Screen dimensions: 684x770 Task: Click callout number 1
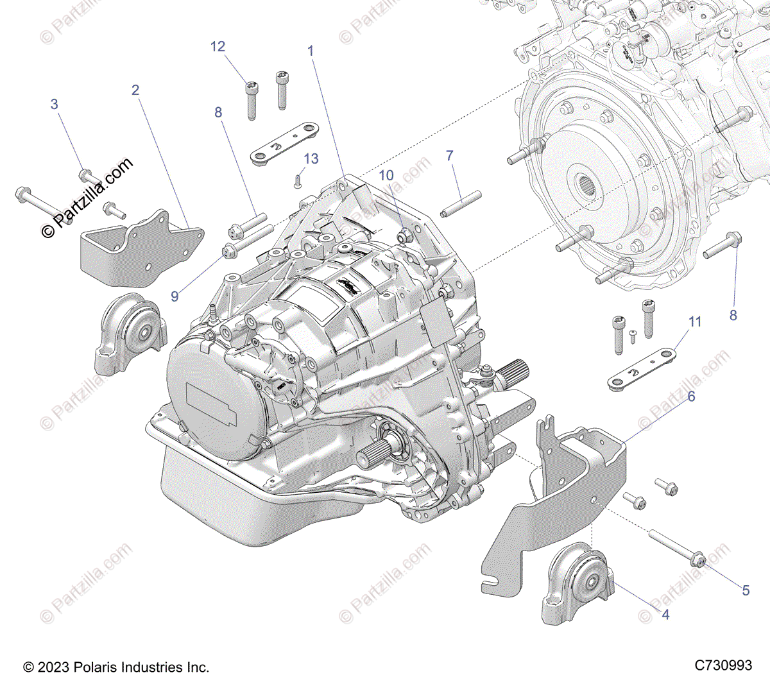(x=311, y=51)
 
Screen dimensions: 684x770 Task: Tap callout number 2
(x=135, y=90)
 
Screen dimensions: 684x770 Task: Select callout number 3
(x=55, y=104)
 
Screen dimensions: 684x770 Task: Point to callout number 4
(x=665, y=615)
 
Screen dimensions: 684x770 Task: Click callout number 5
(x=746, y=590)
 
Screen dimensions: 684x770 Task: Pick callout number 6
(x=691, y=397)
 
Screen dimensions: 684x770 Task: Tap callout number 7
(x=450, y=155)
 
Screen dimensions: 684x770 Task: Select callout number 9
(x=175, y=296)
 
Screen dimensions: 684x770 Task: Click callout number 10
(x=386, y=175)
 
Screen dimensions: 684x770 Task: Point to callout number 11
(x=696, y=321)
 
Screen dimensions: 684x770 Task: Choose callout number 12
(x=218, y=46)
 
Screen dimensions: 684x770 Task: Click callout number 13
(x=311, y=158)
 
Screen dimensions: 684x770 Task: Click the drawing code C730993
(x=723, y=666)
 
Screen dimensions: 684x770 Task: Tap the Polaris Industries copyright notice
(x=116, y=667)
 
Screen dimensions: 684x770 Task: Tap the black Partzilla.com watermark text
(x=88, y=197)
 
